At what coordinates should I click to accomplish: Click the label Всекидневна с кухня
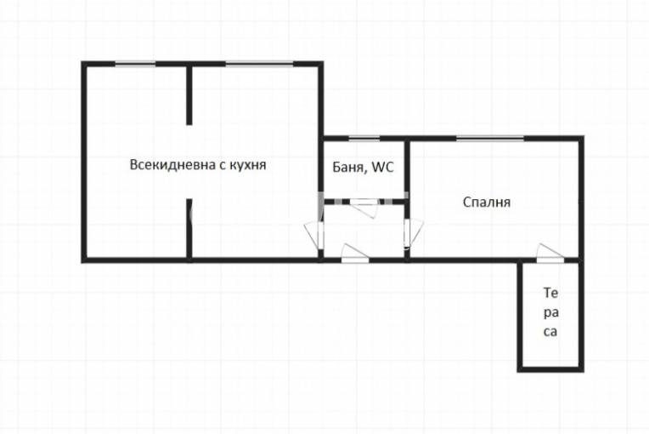pos(198,165)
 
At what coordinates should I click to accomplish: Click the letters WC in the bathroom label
pos(383,168)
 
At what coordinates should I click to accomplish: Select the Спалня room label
pos(486,203)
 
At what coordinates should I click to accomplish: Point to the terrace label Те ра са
pos(550,312)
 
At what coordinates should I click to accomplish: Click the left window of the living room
pos(136,63)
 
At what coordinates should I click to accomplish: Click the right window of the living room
pos(258,63)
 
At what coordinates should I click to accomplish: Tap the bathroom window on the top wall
pos(364,138)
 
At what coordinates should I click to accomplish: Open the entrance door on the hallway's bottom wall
pos(353,254)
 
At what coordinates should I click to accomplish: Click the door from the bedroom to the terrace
pos(550,253)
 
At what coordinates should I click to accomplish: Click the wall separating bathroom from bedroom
pos(407,170)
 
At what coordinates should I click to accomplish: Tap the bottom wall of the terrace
pos(550,368)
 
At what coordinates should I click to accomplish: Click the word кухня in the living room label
pos(247,165)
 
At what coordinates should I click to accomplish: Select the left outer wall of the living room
pos(84,162)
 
